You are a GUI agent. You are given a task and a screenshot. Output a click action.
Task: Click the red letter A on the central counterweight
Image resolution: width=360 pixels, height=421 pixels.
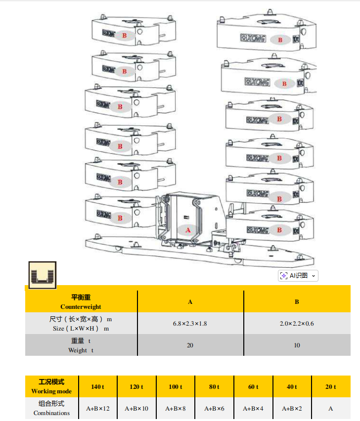click(188, 230)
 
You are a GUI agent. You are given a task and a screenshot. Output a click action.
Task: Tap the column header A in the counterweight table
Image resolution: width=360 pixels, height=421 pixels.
click(190, 301)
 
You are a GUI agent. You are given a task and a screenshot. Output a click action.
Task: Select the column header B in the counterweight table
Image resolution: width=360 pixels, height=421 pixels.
click(297, 301)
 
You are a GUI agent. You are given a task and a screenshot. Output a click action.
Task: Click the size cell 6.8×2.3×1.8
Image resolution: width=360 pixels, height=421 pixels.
click(190, 324)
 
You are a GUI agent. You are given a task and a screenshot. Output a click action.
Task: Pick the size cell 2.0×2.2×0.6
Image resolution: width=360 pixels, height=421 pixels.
click(297, 324)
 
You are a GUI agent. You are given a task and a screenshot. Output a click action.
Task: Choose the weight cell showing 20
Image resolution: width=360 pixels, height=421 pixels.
click(190, 345)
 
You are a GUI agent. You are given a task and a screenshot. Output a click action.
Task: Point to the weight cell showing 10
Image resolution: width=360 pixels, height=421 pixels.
click(297, 345)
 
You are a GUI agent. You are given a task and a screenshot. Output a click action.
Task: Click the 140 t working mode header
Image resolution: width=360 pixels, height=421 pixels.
click(97, 386)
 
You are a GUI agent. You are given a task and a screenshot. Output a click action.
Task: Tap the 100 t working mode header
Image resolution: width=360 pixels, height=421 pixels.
click(175, 386)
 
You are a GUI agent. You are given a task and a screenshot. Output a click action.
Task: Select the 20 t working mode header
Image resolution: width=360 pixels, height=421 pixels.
click(330, 386)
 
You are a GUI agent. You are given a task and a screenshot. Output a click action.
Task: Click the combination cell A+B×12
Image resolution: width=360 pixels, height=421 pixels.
click(97, 409)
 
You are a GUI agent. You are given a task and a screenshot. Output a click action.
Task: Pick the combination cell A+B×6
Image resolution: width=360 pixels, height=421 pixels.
click(214, 409)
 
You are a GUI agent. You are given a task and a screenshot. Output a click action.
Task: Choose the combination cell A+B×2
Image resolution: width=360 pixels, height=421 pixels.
click(292, 409)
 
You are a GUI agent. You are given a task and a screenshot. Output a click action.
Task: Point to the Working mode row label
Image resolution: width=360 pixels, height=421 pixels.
click(51, 391)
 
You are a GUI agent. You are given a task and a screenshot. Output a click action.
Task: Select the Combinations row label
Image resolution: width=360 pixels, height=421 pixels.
click(51, 413)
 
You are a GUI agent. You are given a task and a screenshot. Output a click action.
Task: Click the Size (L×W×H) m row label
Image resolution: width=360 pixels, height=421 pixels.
click(81, 328)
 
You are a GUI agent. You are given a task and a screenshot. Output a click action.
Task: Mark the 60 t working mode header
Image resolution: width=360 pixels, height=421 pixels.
click(253, 386)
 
